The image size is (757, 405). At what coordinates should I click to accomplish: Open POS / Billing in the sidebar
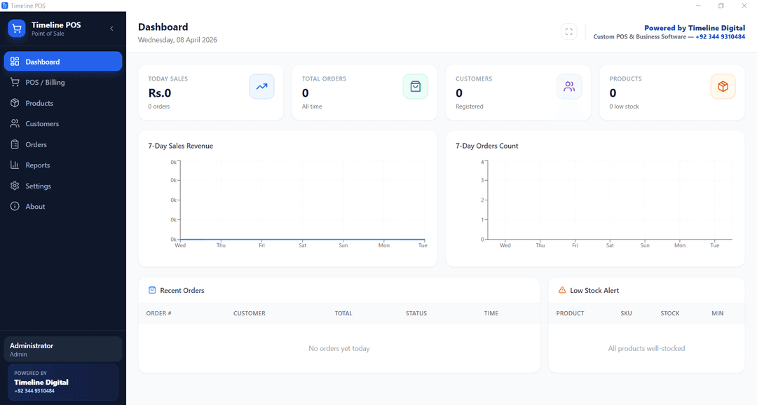pos(45,83)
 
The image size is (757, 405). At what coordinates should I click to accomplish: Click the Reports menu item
pos(38,165)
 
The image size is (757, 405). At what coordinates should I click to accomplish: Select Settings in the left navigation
pos(38,186)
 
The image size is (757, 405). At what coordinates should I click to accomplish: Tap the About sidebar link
pos(35,207)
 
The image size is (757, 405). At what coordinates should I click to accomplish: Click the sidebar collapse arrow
pos(111,29)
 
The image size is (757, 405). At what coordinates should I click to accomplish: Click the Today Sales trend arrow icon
pos(261,86)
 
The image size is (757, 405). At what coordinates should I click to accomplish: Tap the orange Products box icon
pos(723,86)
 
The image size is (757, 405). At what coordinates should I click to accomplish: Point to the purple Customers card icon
pos(569,86)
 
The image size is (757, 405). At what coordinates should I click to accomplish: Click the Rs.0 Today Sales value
pos(160,92)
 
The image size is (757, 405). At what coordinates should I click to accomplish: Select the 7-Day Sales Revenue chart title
pos(181,146)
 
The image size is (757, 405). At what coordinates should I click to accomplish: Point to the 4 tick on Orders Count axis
pos(482,162)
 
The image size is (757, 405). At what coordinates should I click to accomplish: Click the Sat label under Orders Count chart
pos(610,245)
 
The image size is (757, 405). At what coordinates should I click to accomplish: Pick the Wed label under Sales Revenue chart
pos(180,245)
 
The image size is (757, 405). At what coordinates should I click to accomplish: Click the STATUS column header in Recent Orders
pos(416,313)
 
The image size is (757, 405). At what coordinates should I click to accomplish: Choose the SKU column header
pos(626,313)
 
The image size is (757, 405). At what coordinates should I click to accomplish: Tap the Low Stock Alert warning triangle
pos(562,290)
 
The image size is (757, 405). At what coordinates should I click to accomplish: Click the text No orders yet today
pos(339,348)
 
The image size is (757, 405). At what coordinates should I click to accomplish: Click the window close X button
pos(744,6)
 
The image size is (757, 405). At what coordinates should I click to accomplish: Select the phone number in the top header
pos(721,36)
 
